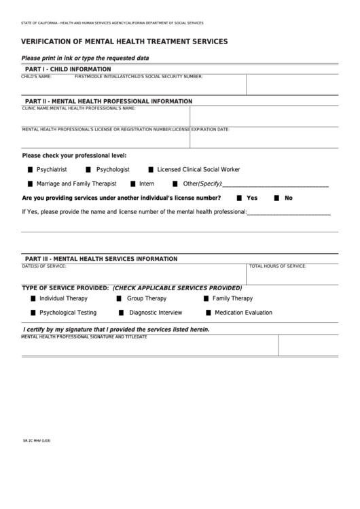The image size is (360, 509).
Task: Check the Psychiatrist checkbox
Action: coord(31,169)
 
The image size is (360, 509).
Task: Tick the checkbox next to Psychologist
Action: coord(89,169)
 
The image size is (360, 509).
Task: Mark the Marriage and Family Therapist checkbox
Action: coord(31,183)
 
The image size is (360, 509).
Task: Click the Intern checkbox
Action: coord(132,183)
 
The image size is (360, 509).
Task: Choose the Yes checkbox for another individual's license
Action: coord(239,198)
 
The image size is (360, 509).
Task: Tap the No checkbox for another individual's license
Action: coord(276,198)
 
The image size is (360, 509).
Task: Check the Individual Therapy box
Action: coord(33,298)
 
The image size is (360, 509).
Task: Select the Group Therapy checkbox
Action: coord(119,298)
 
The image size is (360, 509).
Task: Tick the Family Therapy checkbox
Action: coord(206,298)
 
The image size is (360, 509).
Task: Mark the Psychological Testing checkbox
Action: coord(33,313)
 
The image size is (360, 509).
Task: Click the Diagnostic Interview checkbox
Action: coord(122,313)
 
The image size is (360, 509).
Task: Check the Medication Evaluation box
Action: coord(209,313)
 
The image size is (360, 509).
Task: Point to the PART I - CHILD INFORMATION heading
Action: coord(67,69)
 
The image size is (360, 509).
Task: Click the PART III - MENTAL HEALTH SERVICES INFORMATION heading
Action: coord(101,259)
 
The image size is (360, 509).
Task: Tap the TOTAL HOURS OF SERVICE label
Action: coord(277,266)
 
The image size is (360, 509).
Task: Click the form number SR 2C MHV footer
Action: coord(37,441)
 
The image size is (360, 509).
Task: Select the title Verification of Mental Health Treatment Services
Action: coord(124,41)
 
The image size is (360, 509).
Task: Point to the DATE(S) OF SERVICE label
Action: coord(44,266)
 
